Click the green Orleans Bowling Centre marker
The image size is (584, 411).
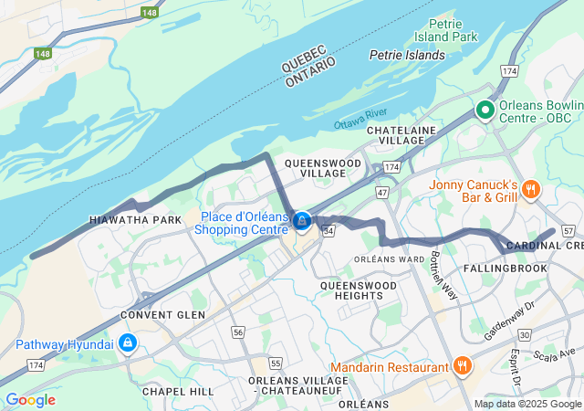pos(484,111)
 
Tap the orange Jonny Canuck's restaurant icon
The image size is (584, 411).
pos(530,189)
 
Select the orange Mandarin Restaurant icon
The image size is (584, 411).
pos(463,365)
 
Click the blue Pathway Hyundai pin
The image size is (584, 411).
pos(128,342)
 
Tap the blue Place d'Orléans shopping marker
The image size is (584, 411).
pos(301,220)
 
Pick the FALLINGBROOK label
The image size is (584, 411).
pos(505,269)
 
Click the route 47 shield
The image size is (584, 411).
pos(381,193)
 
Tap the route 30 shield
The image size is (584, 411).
pos(525,336)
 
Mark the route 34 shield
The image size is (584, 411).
pos(328,231)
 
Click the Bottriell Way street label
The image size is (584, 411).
pos(443,275)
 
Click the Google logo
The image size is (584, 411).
pos(30,399)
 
